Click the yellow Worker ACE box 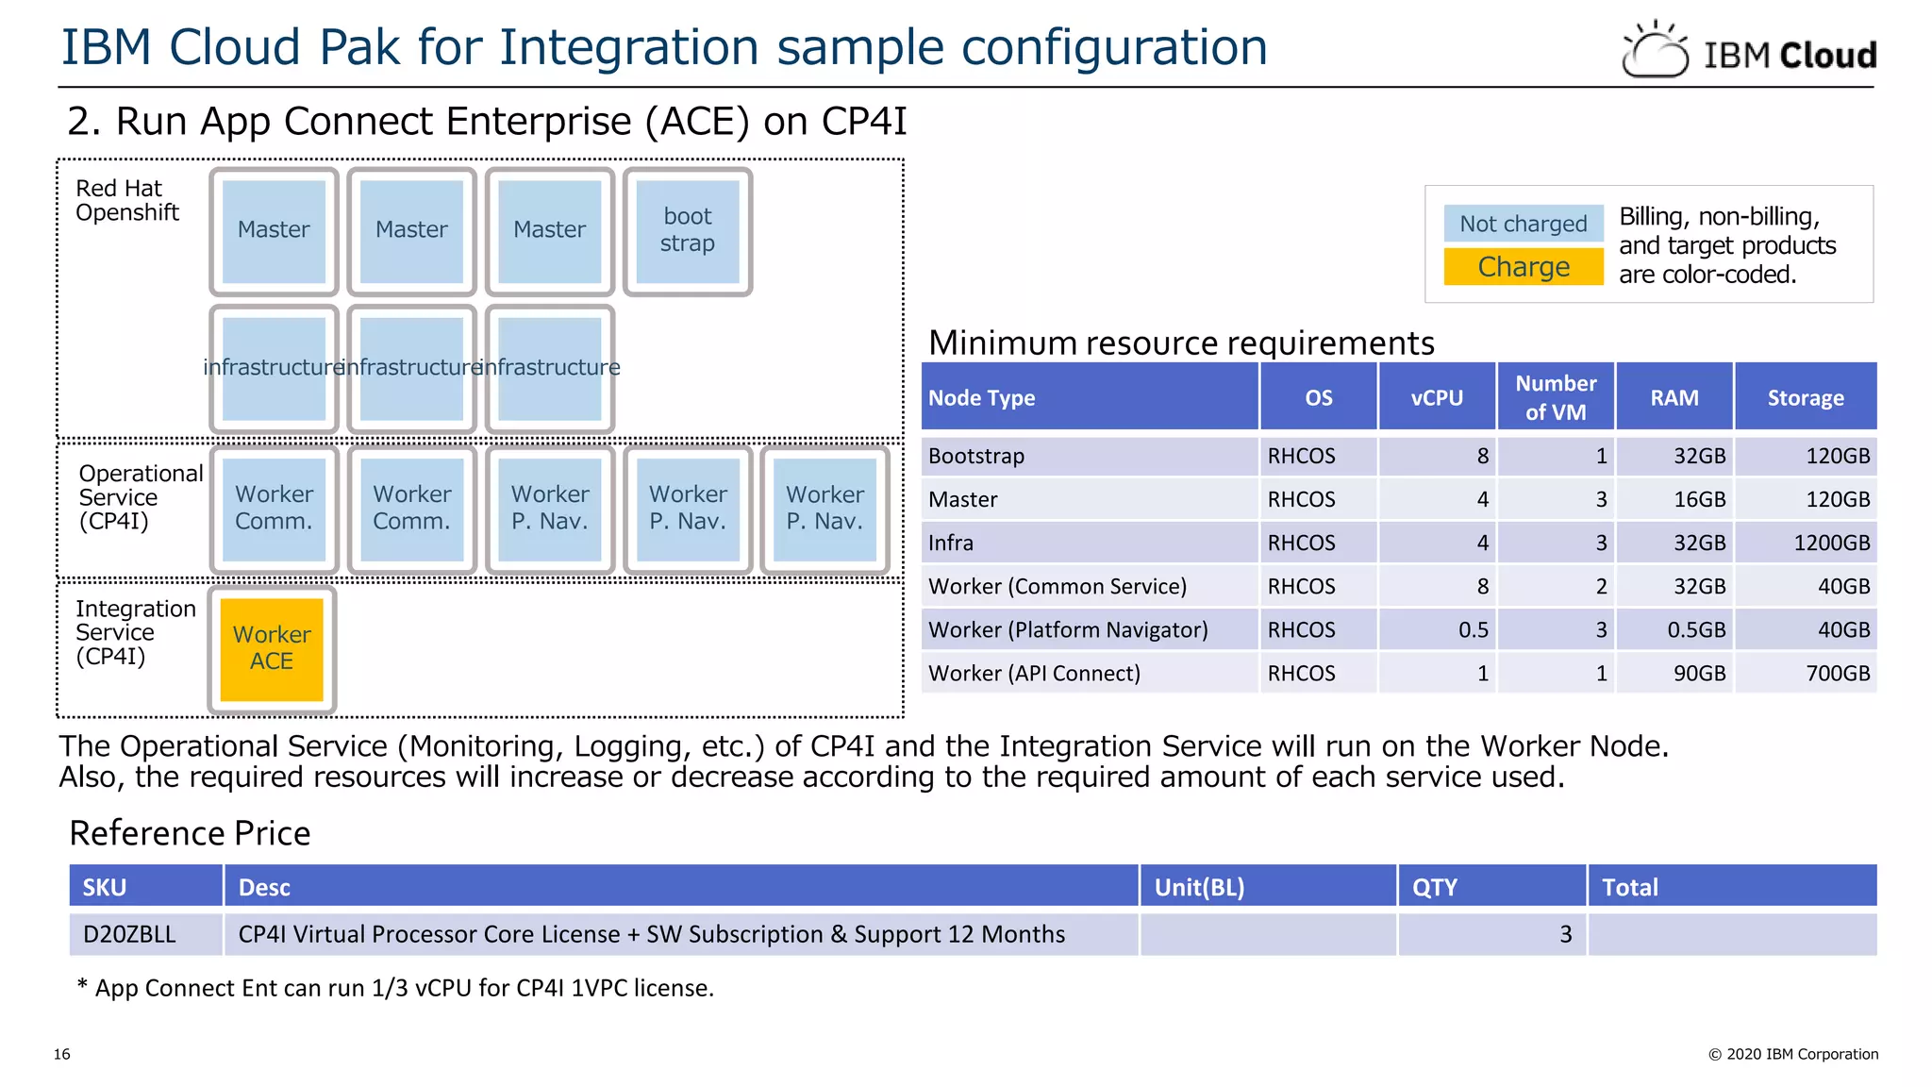(x=272, y=649)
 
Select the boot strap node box (x=687, y=231)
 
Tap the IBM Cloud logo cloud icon (x=1655, y=51)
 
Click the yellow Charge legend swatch (x=1523, y=267)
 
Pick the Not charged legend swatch (x=1523, y=224)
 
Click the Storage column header (x=1805, y=397)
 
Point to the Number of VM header (x=1556, y=397)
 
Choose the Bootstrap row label (x=975, y=456)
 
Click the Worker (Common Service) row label (x=1057, y=586)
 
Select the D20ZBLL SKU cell (x=129, y=934)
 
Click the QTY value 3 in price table (x=1565, y=934)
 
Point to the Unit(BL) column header (x=1199, y=887)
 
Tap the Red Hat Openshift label (x=126, y=200)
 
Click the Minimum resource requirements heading (x=1180, y=343)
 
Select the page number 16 (x=62, y=1054)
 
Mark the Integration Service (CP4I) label (x=134, y=632)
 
